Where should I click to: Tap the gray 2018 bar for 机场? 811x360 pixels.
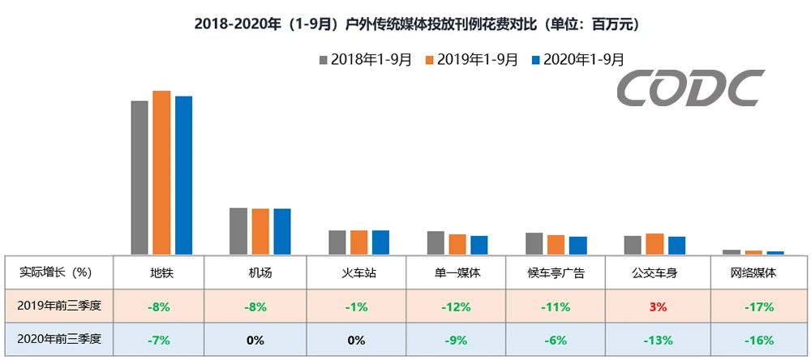coord(238,231)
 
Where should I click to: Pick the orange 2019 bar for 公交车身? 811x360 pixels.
coord(654,244)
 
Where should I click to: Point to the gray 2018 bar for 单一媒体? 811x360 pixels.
coord(436,243)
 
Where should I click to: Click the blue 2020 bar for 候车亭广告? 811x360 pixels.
coord(577,246)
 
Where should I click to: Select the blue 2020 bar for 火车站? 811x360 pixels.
coord(380,242)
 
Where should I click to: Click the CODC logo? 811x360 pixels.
coord(689,88)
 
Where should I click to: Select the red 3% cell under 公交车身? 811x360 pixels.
coord(657,307)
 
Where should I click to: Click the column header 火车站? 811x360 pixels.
coord(356,272)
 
